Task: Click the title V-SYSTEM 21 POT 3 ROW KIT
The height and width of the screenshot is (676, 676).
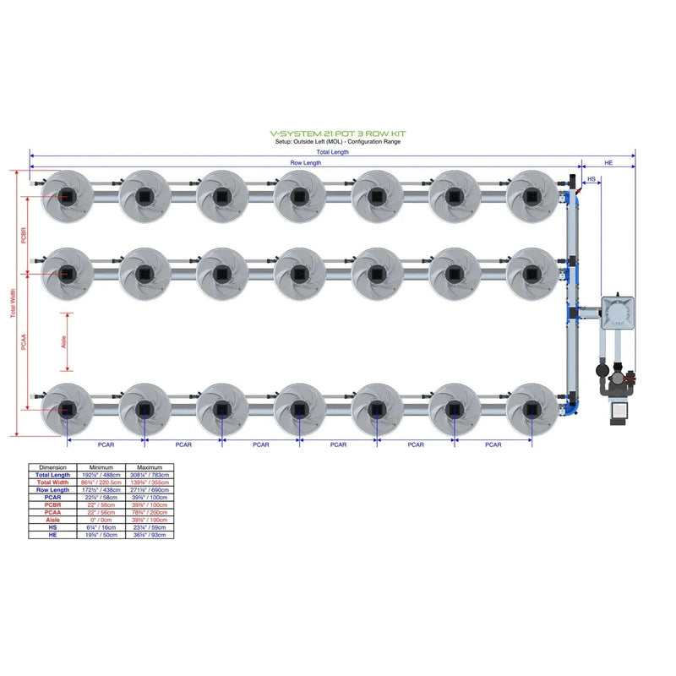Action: tap(337, 134)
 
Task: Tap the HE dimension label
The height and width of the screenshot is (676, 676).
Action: tap(608, 161)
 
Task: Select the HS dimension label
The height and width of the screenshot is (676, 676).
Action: tap(591, 179)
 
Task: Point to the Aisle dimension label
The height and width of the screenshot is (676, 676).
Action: tap(63, 341)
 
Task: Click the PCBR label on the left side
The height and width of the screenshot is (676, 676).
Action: tap(24, 236)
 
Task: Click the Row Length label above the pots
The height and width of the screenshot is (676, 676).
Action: tap(305, 162)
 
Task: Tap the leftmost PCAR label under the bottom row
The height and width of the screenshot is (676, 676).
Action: tap(106, 444)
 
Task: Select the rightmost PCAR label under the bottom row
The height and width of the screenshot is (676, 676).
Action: tap(493, 444)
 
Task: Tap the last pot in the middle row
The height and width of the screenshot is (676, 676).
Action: tap(532, 273)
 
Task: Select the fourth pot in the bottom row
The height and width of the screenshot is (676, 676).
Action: tap(299, 410)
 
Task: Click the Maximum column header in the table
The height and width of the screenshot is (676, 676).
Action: tap(150, 467)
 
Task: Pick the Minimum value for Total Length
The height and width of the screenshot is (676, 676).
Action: tap(101, 475)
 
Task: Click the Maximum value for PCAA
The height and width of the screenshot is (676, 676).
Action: tap(150, 512)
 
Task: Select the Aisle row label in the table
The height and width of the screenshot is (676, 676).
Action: tap(52, 520)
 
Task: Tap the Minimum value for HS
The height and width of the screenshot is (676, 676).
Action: tap(101, 527)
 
